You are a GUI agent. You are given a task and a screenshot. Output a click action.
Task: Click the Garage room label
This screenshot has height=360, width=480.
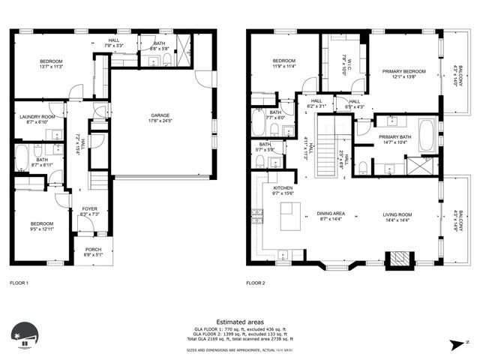pos(160,115)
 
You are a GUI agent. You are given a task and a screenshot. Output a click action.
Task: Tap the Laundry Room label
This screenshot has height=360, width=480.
pos(37,117)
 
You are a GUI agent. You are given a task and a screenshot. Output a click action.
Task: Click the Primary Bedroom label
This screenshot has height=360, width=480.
pos(403,71)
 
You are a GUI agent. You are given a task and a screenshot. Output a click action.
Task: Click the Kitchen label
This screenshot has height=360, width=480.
pos(282,187)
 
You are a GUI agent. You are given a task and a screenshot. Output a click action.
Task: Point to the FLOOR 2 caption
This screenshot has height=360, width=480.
pos(256,283)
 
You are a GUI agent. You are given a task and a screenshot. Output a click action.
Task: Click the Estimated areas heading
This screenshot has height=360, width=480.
pos(239,321)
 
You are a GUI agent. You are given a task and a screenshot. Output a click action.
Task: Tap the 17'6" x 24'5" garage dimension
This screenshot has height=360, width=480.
pos(160,120)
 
